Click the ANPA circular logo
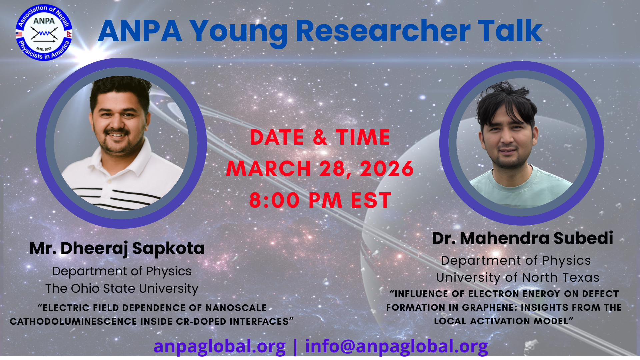44,33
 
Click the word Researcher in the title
383,31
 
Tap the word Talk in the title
510,31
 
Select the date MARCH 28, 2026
320,168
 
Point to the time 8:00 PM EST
320,200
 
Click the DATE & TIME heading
320,137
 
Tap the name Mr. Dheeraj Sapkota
117,248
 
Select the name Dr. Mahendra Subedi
522,238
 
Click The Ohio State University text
122,288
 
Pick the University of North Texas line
518,277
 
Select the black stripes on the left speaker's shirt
123,197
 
